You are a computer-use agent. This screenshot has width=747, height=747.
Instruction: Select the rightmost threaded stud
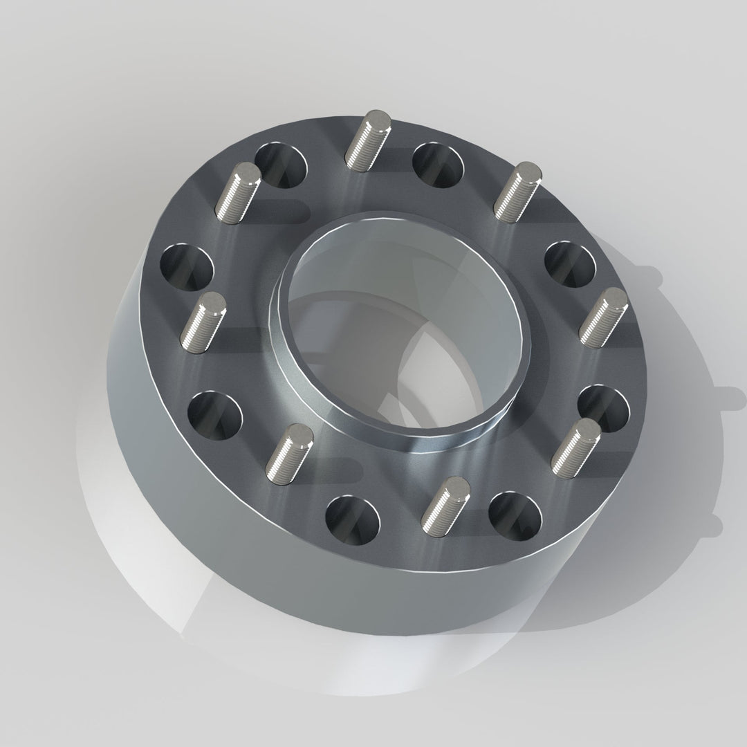(x=603, y=317)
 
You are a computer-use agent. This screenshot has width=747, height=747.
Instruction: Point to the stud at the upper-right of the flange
(x=517, y=192)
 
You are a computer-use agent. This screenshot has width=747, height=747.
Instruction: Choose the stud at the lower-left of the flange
(x=290, y=456)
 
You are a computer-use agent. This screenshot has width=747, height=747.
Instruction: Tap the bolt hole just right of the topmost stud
(x=438, y=165)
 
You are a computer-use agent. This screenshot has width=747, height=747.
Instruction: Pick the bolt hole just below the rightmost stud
(x=602, y=408)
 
